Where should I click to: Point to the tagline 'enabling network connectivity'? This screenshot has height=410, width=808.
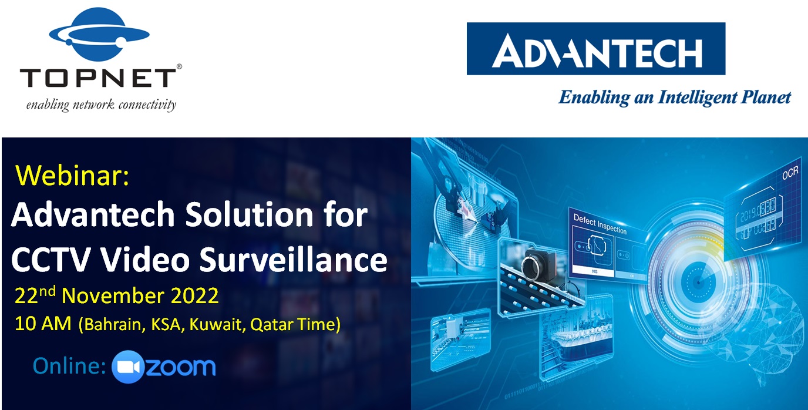click(x=100, y=106)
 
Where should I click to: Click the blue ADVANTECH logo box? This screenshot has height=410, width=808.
click(x=595, y=49)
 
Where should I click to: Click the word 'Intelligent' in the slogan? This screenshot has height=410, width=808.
click(x=692, y=98)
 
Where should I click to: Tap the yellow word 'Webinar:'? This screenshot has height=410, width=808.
click(x=72, y=176)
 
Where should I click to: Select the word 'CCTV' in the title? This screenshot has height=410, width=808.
click(x=48, y=260)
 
